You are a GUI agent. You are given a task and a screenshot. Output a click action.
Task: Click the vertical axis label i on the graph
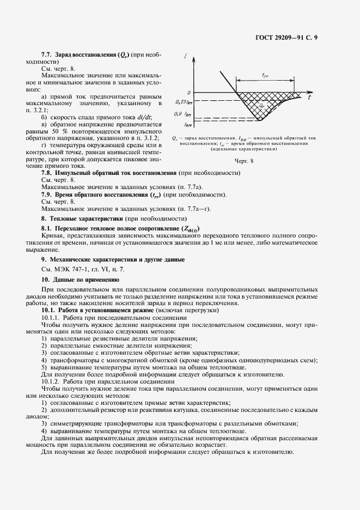pyautogui.click(x=186, y=56)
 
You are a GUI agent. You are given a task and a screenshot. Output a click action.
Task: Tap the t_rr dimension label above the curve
pyautogui.click(x=265, y=75)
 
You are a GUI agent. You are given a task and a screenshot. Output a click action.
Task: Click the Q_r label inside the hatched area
pyautogui.click(x=262, y=105)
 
